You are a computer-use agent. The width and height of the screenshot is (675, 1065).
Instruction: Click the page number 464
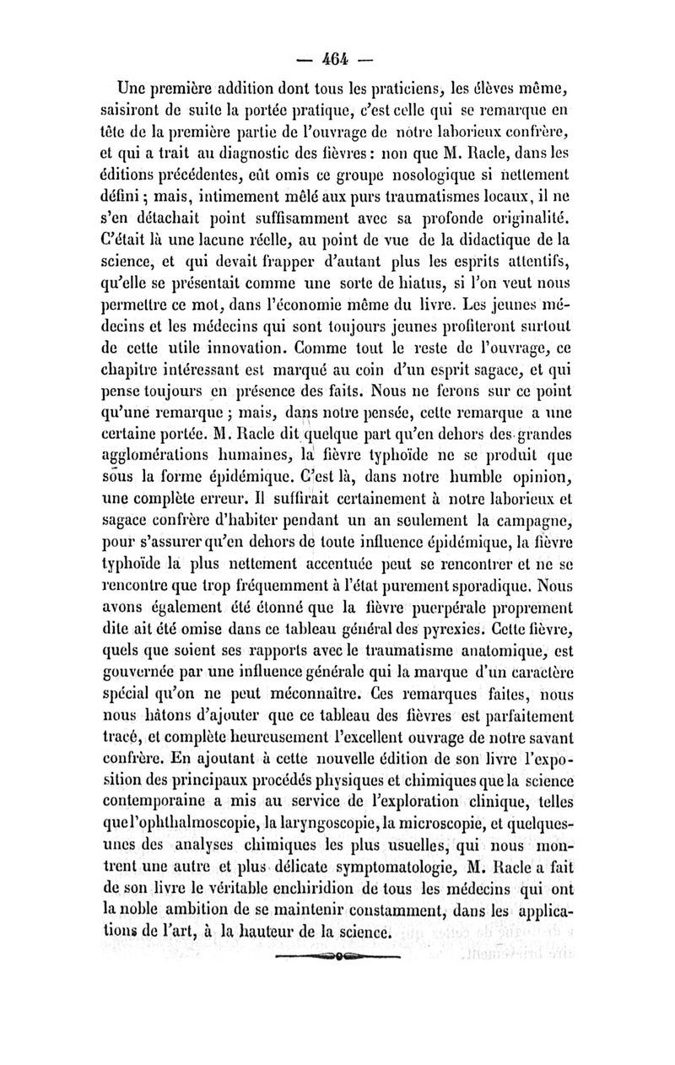[x=339, y=61]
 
